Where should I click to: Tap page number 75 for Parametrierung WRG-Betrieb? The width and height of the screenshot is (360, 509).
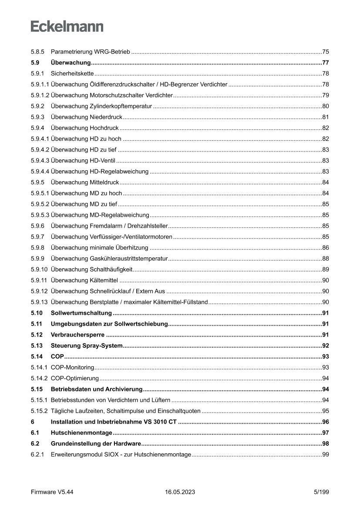coord(325,51)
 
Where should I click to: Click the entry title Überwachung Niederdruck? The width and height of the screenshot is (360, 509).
coord(87,117)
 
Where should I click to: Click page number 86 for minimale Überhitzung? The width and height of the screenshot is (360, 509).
coord(325,247)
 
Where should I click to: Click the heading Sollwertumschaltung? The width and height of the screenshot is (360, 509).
coord(81,313)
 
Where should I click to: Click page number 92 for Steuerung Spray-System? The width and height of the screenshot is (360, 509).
coord(325,345)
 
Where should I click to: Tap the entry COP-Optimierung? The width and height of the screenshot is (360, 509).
coord(74,378)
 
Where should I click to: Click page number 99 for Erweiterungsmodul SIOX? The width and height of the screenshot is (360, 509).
coord(325,454)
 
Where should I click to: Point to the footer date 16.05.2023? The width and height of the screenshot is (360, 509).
coord(180,492)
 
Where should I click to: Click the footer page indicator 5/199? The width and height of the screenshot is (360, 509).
coord(321,492)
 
